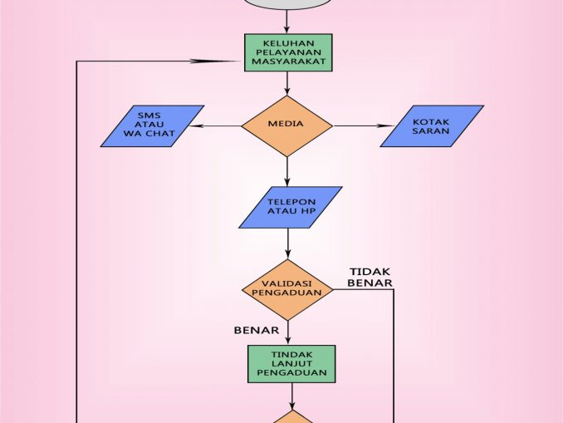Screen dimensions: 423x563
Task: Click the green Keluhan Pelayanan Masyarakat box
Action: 288,52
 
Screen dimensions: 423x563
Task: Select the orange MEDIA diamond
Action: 286,125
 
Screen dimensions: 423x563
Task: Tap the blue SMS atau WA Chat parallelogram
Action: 152,126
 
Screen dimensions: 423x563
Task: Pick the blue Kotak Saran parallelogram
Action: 432,126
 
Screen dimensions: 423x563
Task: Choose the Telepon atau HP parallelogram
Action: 291,207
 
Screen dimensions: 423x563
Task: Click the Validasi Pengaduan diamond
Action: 287,289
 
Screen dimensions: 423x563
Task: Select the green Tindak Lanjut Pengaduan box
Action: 291,363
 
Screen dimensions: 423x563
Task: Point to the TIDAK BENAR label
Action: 370,278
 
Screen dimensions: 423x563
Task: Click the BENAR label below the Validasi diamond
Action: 256,330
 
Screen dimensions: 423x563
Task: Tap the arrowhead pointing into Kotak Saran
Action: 384,125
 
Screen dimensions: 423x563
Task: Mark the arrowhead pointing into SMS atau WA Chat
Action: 199,126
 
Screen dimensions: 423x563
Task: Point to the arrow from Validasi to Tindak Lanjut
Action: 288,333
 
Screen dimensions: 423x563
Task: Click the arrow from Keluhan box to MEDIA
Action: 287,83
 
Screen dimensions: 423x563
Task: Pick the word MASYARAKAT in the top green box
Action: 288,62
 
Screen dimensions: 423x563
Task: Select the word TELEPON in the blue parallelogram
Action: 291,202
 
